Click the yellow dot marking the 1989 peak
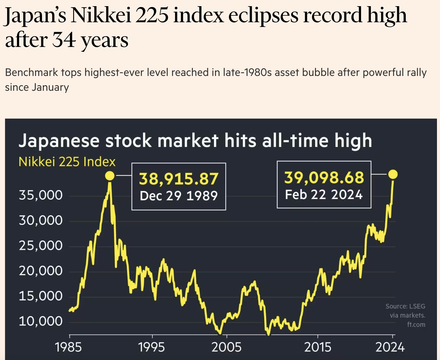click(110, 176)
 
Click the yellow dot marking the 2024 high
click(393, 174)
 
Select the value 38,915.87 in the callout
click(179, 179)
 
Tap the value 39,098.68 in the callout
click(324, 178)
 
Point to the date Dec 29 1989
click(179, 196)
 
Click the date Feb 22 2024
click(324, 195)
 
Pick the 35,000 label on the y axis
click(41, 195)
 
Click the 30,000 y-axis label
click(41, 220)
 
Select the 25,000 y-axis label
click(41, 246)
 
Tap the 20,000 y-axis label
click(41, 271)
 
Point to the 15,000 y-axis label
click(41, 296)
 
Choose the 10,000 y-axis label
click(41, 321)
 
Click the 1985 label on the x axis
click(68, 347)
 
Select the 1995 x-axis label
click(152, 347)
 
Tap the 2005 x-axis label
click(226, 347)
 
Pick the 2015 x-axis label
click(318, 347)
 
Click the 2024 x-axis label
click(390, 347)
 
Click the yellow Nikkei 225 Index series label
click(67, 162)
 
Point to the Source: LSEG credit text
click(405, 306)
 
